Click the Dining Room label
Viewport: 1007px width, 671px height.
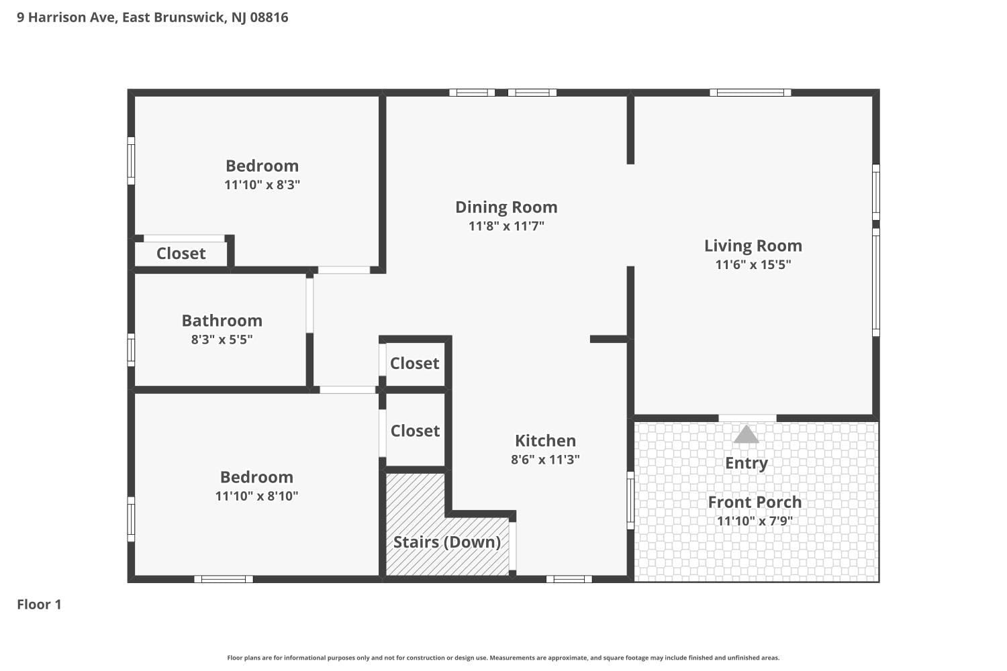point(506,207)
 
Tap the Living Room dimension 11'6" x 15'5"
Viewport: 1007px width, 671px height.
point(753,264)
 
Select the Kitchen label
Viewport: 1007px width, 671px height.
point(545,441)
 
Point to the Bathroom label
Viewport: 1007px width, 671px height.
point(222,321)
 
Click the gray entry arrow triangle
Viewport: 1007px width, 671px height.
point(746,435)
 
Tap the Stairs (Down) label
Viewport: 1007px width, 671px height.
point(446,542)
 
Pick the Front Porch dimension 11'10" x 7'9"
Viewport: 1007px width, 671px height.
point(755,521)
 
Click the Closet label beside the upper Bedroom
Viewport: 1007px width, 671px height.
point(181,254)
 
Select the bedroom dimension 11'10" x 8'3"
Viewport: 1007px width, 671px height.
point(262,185)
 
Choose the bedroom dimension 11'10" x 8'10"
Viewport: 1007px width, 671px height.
point(256,496)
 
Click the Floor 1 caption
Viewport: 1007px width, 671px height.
point(39,605)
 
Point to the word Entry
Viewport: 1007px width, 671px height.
point(746,463)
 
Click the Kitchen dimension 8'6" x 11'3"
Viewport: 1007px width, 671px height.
point(545,460)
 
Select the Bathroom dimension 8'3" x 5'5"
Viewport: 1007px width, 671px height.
point(222,340)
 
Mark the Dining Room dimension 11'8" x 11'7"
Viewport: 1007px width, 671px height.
point(506,226)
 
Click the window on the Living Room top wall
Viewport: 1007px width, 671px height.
point(750,93)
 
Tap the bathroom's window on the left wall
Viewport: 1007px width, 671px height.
point(131,350)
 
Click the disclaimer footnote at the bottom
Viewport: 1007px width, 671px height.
point(503,658)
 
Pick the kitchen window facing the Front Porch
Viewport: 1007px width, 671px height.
point(630,500)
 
